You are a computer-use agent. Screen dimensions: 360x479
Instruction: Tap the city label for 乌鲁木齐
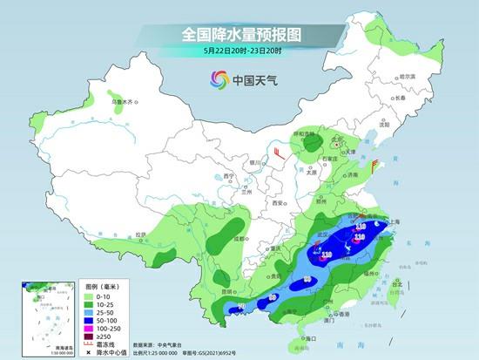pos(125,103)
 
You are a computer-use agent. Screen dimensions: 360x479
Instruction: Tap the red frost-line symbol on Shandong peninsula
pos(377,163)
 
